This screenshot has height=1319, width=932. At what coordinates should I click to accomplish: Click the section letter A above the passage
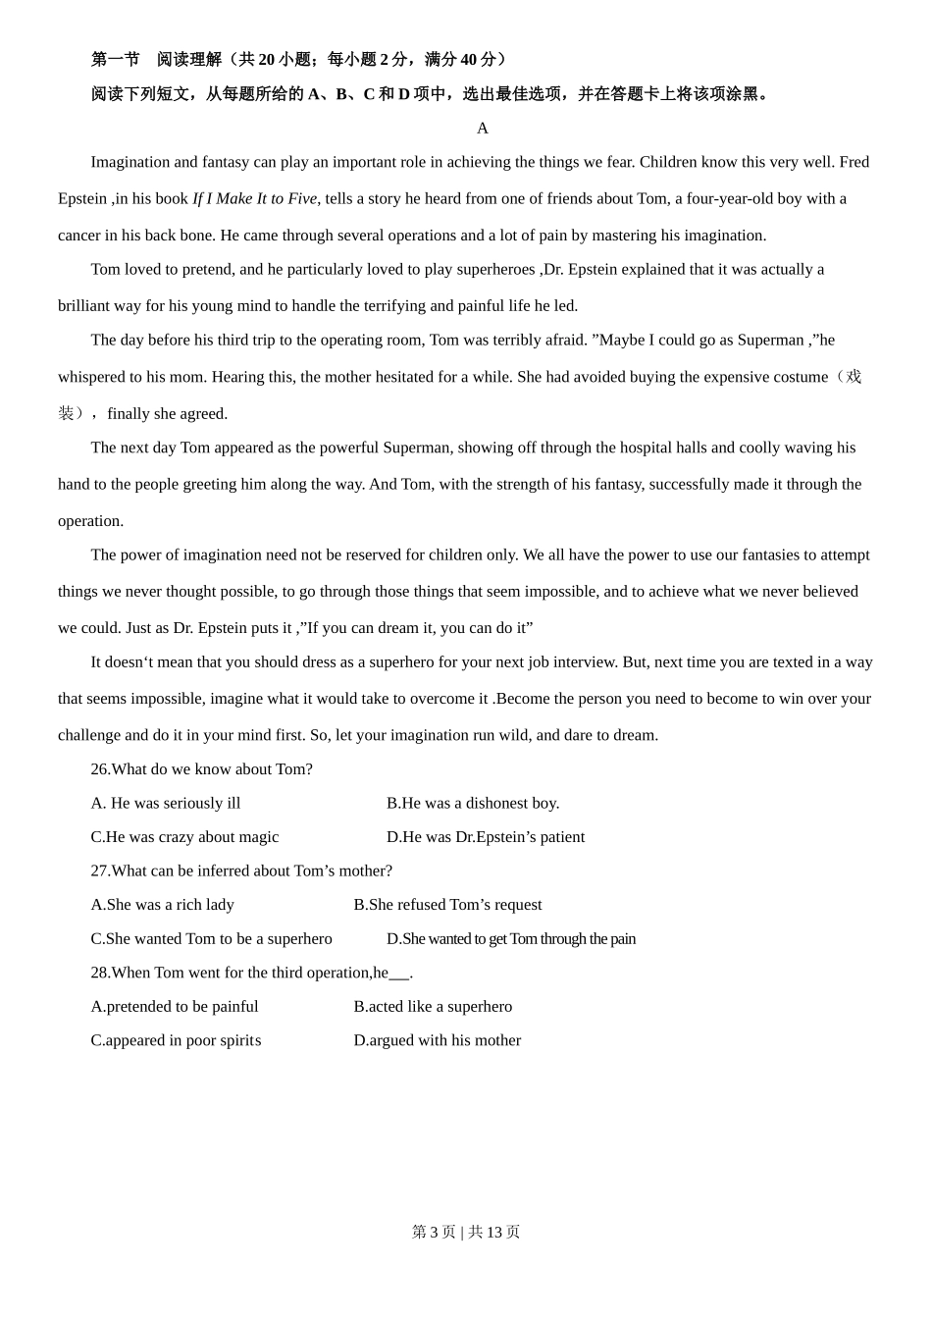point(482,128)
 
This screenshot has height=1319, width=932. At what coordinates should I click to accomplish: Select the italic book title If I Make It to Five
point(254,198)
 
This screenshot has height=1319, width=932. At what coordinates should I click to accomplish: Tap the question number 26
point(100,769)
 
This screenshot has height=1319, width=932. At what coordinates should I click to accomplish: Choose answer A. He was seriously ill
point(166,803)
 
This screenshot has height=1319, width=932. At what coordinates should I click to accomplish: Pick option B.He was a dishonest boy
point(473,803)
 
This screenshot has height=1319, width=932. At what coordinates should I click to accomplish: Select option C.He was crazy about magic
point(184,837)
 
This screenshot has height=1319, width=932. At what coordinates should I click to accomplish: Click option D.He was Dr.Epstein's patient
point(486,837)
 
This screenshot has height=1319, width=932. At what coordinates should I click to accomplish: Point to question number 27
point(100,871)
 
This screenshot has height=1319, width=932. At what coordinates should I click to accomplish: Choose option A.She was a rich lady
point(163,905)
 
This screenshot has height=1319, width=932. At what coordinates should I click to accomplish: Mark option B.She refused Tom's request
point(447,905)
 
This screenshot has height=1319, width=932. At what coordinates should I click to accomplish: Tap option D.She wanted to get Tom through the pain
point(511,939)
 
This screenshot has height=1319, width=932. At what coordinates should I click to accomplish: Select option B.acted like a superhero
point(433,1007)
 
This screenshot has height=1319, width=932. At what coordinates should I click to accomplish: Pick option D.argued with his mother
point(438,1040)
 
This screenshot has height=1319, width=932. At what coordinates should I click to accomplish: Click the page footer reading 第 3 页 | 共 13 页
point(466,1232)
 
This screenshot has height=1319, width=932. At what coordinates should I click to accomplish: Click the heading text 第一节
point(116,60)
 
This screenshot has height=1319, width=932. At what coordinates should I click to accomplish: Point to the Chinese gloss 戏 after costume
point(854,377)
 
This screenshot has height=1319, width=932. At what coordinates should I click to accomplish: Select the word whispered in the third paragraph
point(92,377)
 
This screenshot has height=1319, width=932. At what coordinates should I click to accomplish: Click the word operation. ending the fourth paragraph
point(91,521)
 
